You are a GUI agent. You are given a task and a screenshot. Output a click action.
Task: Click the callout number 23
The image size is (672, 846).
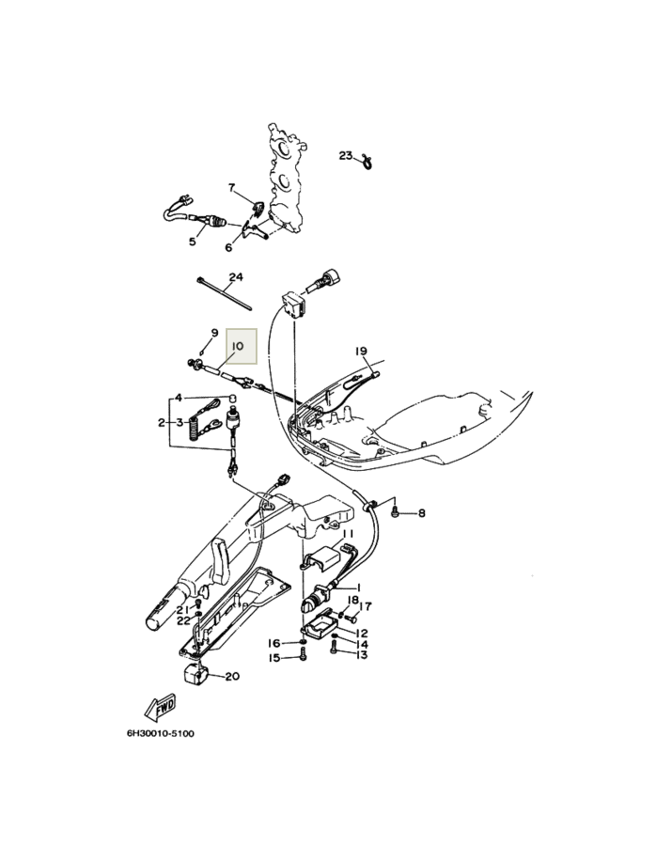click(346, 155)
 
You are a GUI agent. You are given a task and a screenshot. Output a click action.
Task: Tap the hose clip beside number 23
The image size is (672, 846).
click(367, 160)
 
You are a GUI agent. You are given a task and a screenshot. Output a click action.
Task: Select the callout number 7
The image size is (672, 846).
click(232, 188)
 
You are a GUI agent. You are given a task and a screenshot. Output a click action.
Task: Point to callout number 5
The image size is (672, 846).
click(193, 242)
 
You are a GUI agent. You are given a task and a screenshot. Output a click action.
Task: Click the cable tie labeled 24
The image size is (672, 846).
click(225, 294)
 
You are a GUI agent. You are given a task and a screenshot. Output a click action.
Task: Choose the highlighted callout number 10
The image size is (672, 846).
click(238, 346)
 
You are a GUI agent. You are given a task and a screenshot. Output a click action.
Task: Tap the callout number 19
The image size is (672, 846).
click(361, 352)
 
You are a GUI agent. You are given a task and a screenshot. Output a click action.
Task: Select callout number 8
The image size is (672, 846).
click(422, 512)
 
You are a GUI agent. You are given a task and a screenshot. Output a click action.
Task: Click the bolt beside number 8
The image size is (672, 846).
click(396, 511)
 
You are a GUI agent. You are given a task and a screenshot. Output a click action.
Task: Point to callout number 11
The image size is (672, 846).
click(349, 533)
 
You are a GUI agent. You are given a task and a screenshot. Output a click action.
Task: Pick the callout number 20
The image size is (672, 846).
click(232, 676)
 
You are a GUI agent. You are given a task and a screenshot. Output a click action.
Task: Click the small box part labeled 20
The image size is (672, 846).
click(193, 675)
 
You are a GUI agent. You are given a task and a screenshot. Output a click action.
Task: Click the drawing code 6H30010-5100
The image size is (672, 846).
click(160, 734)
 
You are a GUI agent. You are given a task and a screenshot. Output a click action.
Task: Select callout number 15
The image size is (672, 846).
click(274, 658)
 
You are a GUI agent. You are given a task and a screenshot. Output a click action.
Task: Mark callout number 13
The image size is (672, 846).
click(361, 654)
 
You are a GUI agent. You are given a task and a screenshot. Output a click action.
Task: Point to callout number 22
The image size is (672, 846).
click(184, 620)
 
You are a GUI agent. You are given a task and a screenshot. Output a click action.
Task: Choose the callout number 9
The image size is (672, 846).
click(214, 333)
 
